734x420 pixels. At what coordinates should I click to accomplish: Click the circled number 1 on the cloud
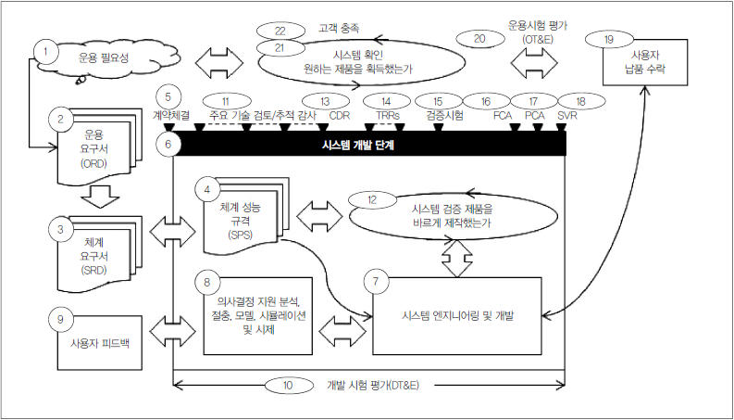point(45,51)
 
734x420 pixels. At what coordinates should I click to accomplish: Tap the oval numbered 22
point(280,32)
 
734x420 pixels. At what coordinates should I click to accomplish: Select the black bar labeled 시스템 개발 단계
point(370,144)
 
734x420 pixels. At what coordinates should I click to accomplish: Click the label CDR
point(340,115)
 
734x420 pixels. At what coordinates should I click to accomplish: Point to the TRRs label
point(387,115)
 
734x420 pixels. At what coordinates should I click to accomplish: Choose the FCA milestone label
point(503,115)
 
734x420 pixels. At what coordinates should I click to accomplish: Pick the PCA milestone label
point(535,115)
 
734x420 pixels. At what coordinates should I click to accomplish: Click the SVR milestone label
point(566,115)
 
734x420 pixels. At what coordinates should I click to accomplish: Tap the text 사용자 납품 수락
point(645,62)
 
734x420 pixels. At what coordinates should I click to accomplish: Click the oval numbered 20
point(479,38)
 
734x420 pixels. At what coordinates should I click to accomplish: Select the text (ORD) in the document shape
point(94,164)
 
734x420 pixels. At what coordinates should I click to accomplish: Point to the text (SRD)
point(95,270)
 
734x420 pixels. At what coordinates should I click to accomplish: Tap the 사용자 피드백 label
point(100,343)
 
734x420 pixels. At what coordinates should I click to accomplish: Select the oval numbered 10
point(289,386)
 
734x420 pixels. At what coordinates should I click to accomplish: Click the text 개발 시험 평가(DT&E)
point(373,386)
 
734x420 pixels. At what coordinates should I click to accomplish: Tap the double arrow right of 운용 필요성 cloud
point(219,62)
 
